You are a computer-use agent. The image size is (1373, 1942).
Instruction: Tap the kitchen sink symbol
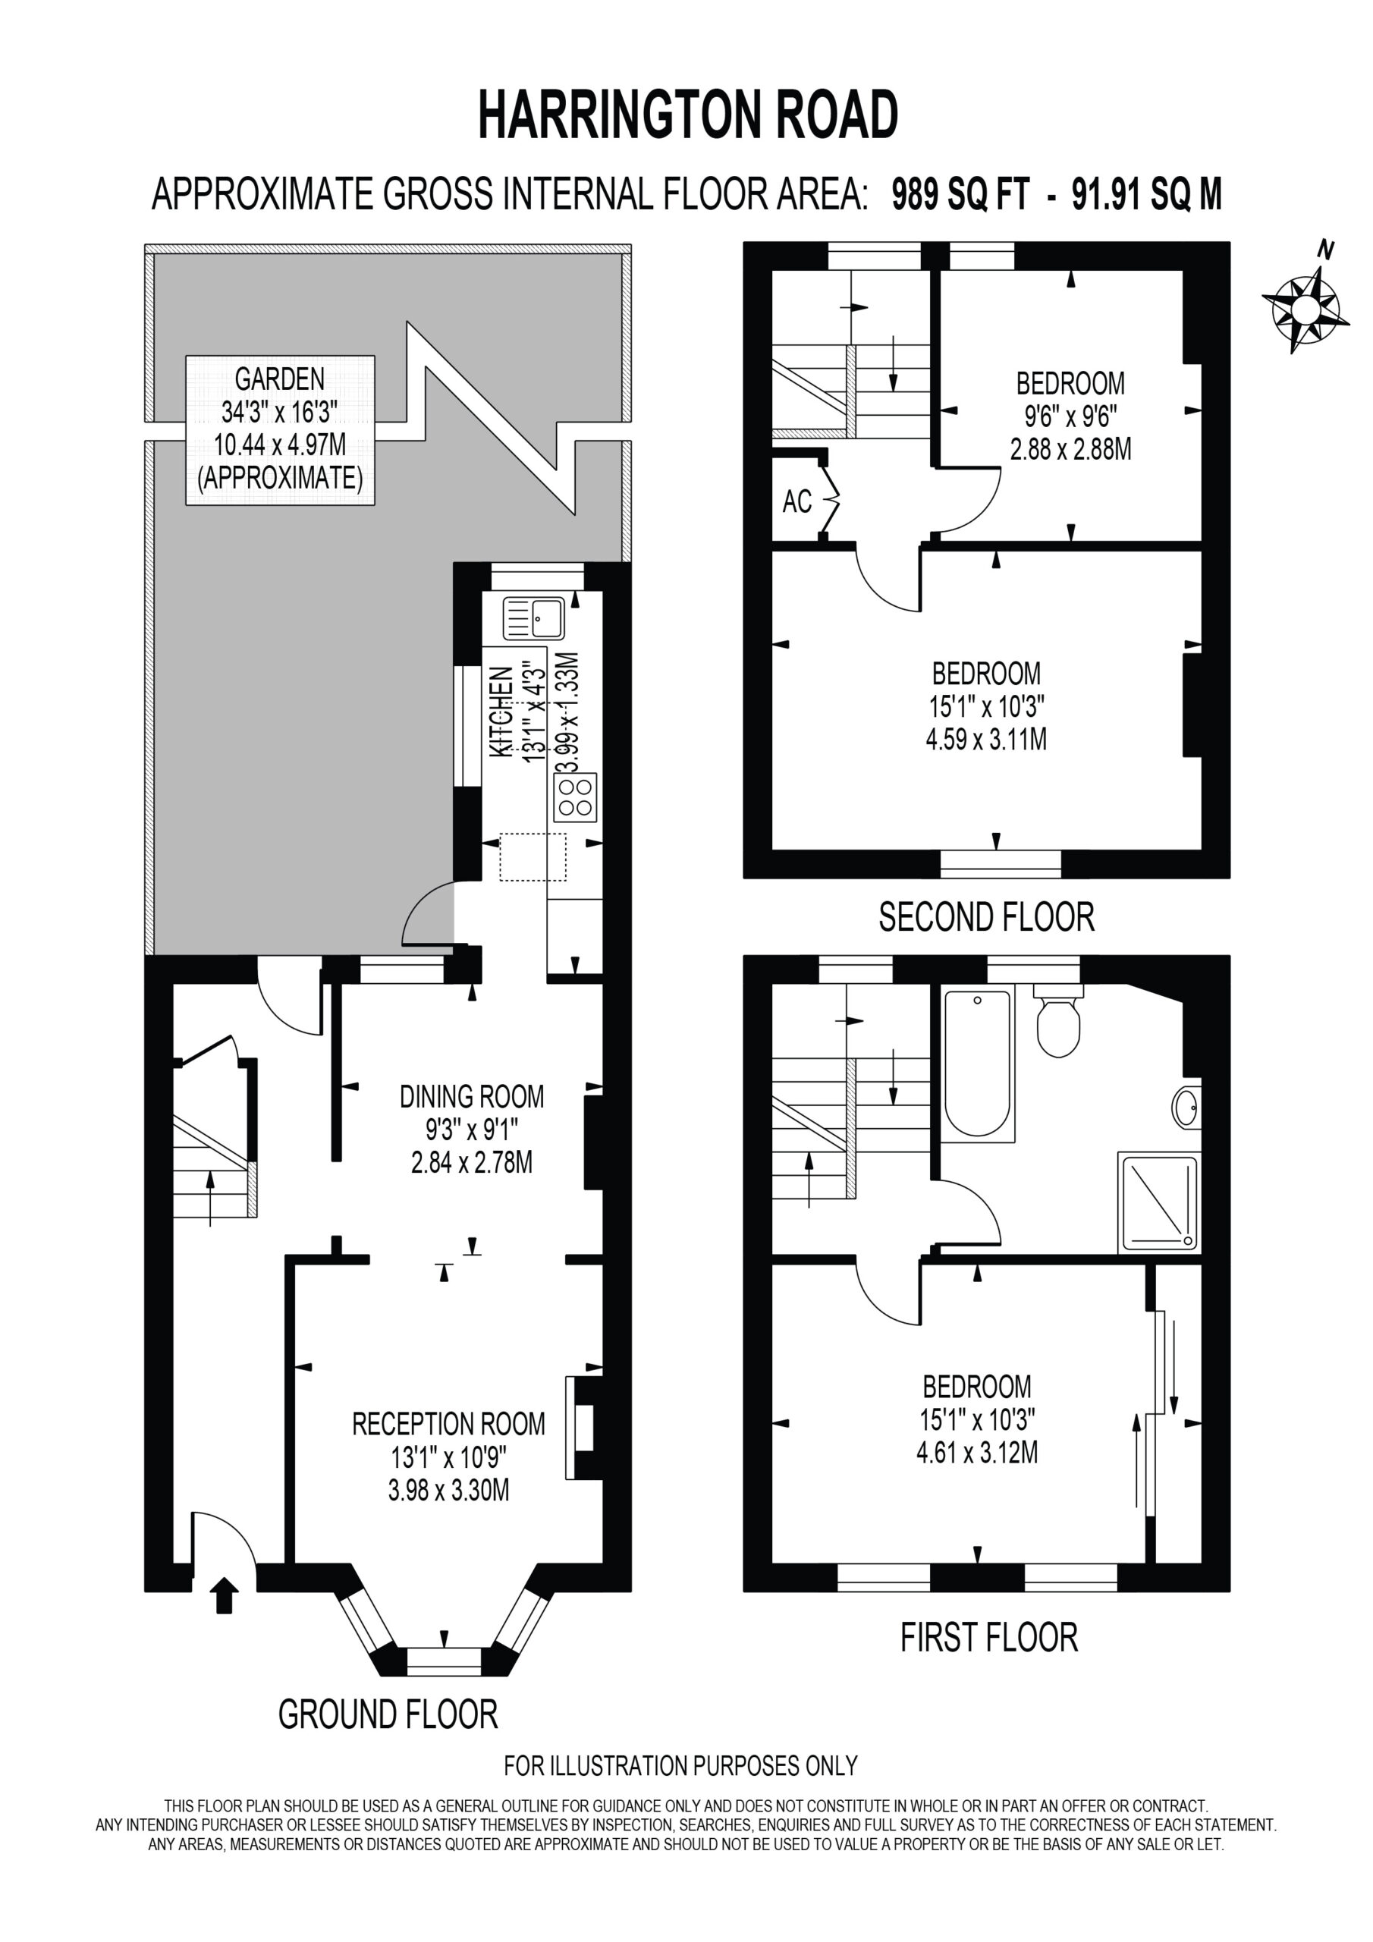(x=534, y=618)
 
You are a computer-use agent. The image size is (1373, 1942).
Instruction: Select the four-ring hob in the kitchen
(x=575, y=797)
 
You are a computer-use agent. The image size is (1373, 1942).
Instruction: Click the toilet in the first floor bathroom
(x=1058, y=1020)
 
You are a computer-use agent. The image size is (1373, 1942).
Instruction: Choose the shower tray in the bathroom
(x=1158, y=1202)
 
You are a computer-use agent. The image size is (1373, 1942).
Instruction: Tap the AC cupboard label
(x=797, y=501)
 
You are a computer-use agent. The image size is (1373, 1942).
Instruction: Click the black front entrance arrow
(x=225, y=1595)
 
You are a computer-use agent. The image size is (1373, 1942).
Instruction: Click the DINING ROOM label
(x=472, y=1097)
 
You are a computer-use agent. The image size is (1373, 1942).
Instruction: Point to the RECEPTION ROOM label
(x=448, y=1425)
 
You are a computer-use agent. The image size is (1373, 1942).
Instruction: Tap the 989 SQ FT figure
(x=961, y=194)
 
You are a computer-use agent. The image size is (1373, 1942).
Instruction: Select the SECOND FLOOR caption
(x=986, y=917)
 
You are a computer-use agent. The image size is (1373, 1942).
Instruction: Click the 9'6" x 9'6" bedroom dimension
(x=1070, y=416)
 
